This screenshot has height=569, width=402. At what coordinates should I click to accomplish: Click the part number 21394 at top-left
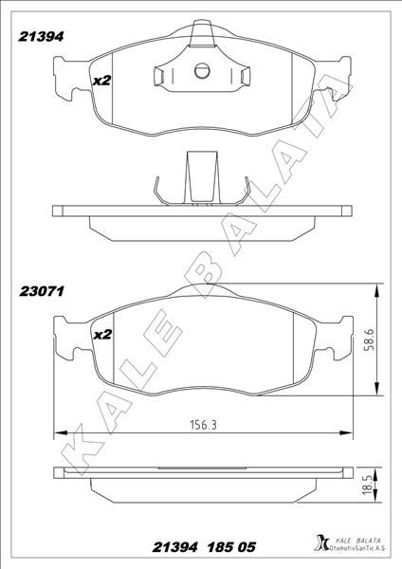pos(42,36)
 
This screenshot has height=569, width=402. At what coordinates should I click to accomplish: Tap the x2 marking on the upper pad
pos(102,81)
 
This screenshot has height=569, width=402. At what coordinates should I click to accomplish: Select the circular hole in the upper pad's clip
pos(200,69)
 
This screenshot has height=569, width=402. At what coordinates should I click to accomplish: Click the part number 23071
pos(42,292)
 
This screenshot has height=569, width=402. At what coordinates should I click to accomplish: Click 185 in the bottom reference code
pos(227,549)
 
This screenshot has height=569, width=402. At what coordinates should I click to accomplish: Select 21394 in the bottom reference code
pos(178,549)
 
